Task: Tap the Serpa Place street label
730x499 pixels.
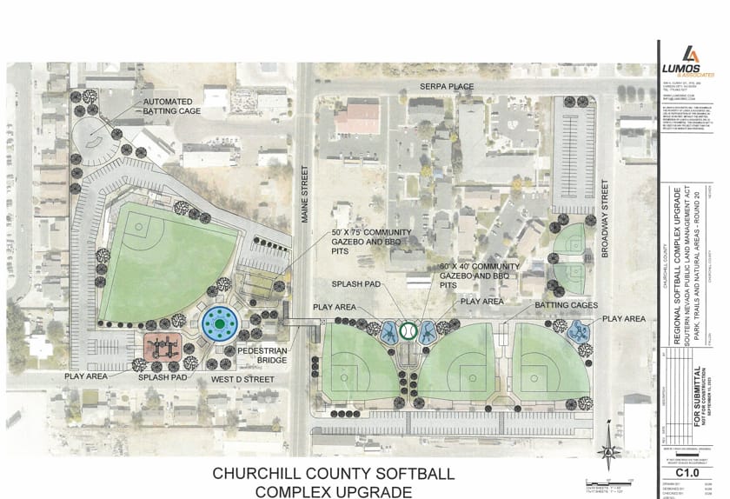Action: click(x=447, y=87)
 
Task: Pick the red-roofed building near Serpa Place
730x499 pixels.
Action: click(x=357, y=117)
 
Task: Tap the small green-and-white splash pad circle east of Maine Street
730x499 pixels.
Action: click(x=407, y=331)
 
